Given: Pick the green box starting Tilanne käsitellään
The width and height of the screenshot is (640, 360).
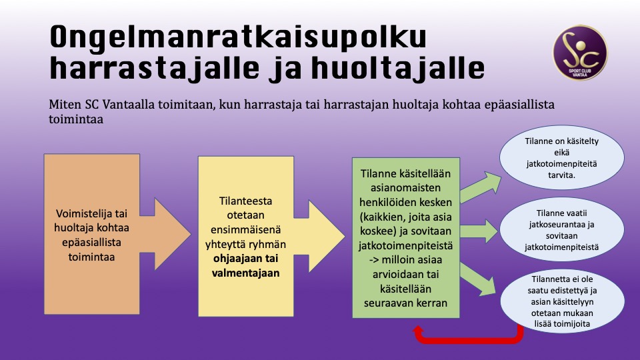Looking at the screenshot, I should (x=405, y=237).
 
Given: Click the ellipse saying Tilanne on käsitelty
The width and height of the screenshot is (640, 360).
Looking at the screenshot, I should (x=561, y=161).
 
